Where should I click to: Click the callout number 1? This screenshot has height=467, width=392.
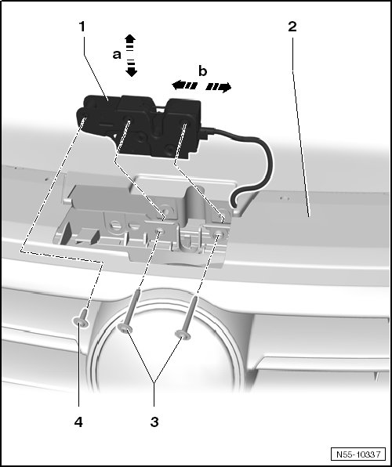click(82, 27)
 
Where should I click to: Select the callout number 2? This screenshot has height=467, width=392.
click(292, 27)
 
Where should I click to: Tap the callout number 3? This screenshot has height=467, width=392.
click(154, 422)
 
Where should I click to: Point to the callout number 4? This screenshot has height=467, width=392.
click(78, 422)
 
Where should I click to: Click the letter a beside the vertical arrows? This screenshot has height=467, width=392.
click(117, 55)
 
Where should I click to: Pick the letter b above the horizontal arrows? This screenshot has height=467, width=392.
click(203, 71)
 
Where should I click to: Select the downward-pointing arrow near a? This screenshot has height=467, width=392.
click(131, 68)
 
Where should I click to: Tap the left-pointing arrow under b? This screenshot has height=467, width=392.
click(184, 85)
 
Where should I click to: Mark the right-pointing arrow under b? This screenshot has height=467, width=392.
click(219, 87)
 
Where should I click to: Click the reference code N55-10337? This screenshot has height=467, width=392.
click(358, 454)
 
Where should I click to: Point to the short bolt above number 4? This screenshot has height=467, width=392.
click(82, 318)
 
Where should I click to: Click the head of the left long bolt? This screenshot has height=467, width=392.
click(125, 328)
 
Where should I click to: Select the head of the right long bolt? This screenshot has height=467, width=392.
click(183, 335)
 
